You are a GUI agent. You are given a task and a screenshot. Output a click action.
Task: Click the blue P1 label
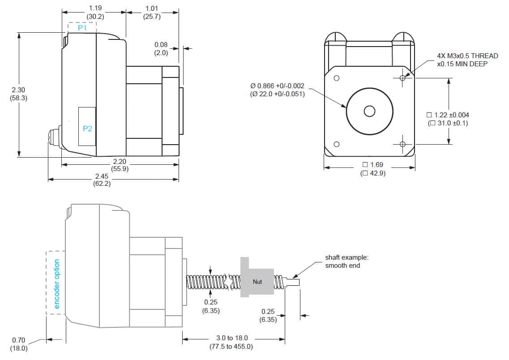82,28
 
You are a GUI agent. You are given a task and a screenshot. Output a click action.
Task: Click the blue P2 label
87,129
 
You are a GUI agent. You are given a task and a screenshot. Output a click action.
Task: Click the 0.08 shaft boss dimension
161,48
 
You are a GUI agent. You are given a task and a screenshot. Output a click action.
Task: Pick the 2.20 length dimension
120,165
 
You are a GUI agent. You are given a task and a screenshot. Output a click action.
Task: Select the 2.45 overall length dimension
102,180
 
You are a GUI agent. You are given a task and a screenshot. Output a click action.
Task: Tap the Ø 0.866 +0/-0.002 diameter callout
278,90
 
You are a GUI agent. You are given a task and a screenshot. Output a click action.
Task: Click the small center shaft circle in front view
369,111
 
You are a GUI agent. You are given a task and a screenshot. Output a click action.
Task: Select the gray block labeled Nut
257,281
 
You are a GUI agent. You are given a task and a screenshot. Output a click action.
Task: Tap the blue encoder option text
57,284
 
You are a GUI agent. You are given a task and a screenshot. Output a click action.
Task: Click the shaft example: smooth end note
346,261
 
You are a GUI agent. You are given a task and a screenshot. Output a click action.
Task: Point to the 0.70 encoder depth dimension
19,344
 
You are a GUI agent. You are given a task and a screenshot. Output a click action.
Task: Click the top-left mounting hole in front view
337,78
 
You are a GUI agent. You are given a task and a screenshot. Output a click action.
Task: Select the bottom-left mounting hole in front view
337,144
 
